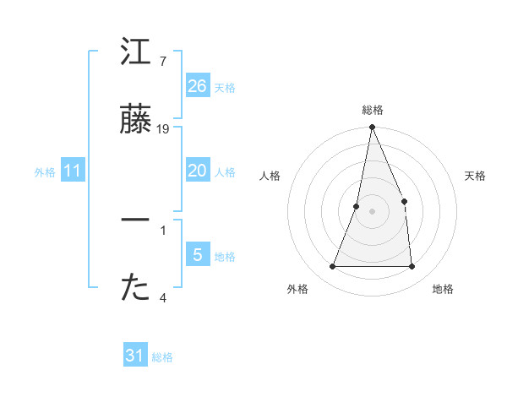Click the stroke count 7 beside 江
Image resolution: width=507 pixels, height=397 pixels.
pyautogui.click(x=163, y=61)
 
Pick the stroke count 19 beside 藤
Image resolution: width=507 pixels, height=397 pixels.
pyautogui.click(x=163, y=129)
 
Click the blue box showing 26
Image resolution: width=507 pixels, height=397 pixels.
pyautogui.click(x=198, y=86)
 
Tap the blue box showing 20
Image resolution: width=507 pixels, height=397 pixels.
pyautogui.click(x=198, y=171)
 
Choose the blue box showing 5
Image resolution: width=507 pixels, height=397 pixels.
pyautogui.click(x=198, y=255)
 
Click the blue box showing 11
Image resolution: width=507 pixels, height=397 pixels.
pyautogui.click(x=73, y=171)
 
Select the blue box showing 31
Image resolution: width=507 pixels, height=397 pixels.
pyautogui.click(x=135, y=356)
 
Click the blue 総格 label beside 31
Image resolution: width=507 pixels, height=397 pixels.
pyautogui.click(x=163, y=357)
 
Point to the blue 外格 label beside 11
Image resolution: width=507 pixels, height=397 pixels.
pyautogui.click(x=45, y=172)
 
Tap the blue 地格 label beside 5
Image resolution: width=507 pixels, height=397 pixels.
pyautogui.click(x=226, y=257)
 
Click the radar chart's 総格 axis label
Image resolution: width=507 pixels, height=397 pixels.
pyautogui.click(x=372, y=110)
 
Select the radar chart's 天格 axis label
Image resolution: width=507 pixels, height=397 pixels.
pyautogui.click(x=476, y=176)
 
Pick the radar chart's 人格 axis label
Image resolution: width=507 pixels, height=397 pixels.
pyautogui.click(x=270, y=176)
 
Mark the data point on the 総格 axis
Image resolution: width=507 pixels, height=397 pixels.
pyautogui.click(x=372, y=128)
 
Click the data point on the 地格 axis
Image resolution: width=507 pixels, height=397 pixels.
pyautogui.click(x=412, y=267)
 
